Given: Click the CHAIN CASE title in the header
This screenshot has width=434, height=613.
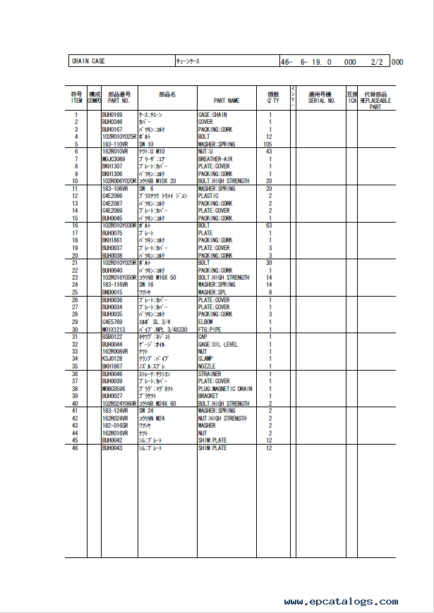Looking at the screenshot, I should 88,61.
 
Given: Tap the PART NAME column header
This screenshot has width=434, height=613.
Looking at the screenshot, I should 227,101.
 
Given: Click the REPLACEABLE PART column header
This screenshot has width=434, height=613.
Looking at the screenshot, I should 375,101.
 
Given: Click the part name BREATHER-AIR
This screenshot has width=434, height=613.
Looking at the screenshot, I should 215,159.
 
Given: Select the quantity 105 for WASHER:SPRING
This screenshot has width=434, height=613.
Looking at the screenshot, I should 269,144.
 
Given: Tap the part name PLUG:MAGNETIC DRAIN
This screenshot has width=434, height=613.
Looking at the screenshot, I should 225,389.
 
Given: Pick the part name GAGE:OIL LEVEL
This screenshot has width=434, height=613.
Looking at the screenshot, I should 218,345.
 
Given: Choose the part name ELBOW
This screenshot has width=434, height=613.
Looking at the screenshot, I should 207,322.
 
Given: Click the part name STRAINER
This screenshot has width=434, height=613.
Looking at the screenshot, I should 210,374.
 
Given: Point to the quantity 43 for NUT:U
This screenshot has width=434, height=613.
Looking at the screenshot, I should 269,151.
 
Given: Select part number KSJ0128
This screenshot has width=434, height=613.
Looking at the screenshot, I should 112,359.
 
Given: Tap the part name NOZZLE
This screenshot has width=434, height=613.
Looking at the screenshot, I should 207,366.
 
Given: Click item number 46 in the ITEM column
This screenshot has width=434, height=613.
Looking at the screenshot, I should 76,448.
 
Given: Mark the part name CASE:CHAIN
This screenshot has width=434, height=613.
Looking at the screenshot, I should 212,115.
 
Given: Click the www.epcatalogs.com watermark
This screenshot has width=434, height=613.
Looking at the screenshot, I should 341,602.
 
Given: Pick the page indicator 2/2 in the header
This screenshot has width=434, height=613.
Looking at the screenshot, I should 376,62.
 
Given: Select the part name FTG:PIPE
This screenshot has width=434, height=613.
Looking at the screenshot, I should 210,330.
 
